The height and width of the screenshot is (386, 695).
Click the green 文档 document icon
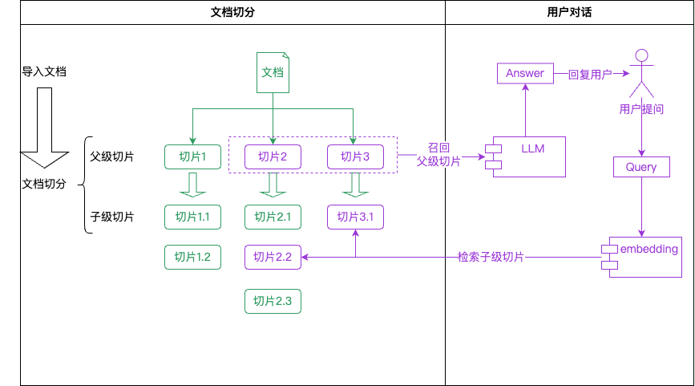[x=273, y=72]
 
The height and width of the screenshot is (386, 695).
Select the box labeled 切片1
[x=192, y=156]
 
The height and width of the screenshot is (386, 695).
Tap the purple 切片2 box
[x=273, y=156]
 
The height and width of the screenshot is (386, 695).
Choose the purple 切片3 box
[x=355, y=156]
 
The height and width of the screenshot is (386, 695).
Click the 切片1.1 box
[x=192, y=217]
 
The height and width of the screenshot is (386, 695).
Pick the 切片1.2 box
[x=192, y=257]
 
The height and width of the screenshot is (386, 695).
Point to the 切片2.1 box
[x=273, y=217]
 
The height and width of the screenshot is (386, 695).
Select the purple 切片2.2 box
[x=273, y=257]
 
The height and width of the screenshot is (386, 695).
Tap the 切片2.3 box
[x=273, y=301]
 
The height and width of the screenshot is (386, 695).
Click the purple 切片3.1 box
[x=355, y=217]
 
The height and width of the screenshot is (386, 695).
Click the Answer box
[x=525, y=73]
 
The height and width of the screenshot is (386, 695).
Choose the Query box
[x=641, y=167]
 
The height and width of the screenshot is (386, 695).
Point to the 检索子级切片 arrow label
[x=491, y=257]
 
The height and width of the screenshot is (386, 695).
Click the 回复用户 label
[x=590, y=74]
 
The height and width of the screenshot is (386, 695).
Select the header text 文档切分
[x=232, y=13]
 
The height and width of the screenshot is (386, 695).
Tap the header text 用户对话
[x=569, y=13]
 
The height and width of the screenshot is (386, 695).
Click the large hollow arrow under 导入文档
[x=44, y=128]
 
